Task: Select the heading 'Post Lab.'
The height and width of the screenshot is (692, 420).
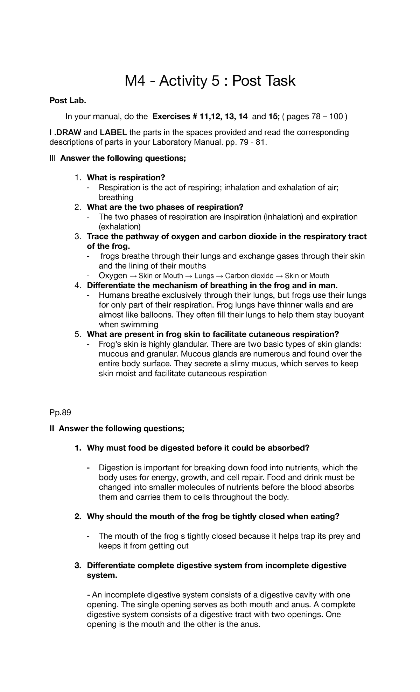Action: (67, 101)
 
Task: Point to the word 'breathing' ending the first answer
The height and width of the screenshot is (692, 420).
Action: (116, 198)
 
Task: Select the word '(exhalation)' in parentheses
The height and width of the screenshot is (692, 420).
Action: (119, 227)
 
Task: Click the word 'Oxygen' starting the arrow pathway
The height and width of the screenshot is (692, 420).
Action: (113, 276)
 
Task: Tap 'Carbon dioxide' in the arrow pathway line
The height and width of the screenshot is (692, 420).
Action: (249, 276)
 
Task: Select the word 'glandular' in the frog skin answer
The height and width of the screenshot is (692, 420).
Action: (186, 344)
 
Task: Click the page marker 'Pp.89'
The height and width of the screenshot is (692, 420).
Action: (60, 413)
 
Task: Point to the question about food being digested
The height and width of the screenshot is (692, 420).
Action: (198, 448)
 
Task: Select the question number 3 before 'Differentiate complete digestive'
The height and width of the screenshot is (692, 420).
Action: (78, 566)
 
